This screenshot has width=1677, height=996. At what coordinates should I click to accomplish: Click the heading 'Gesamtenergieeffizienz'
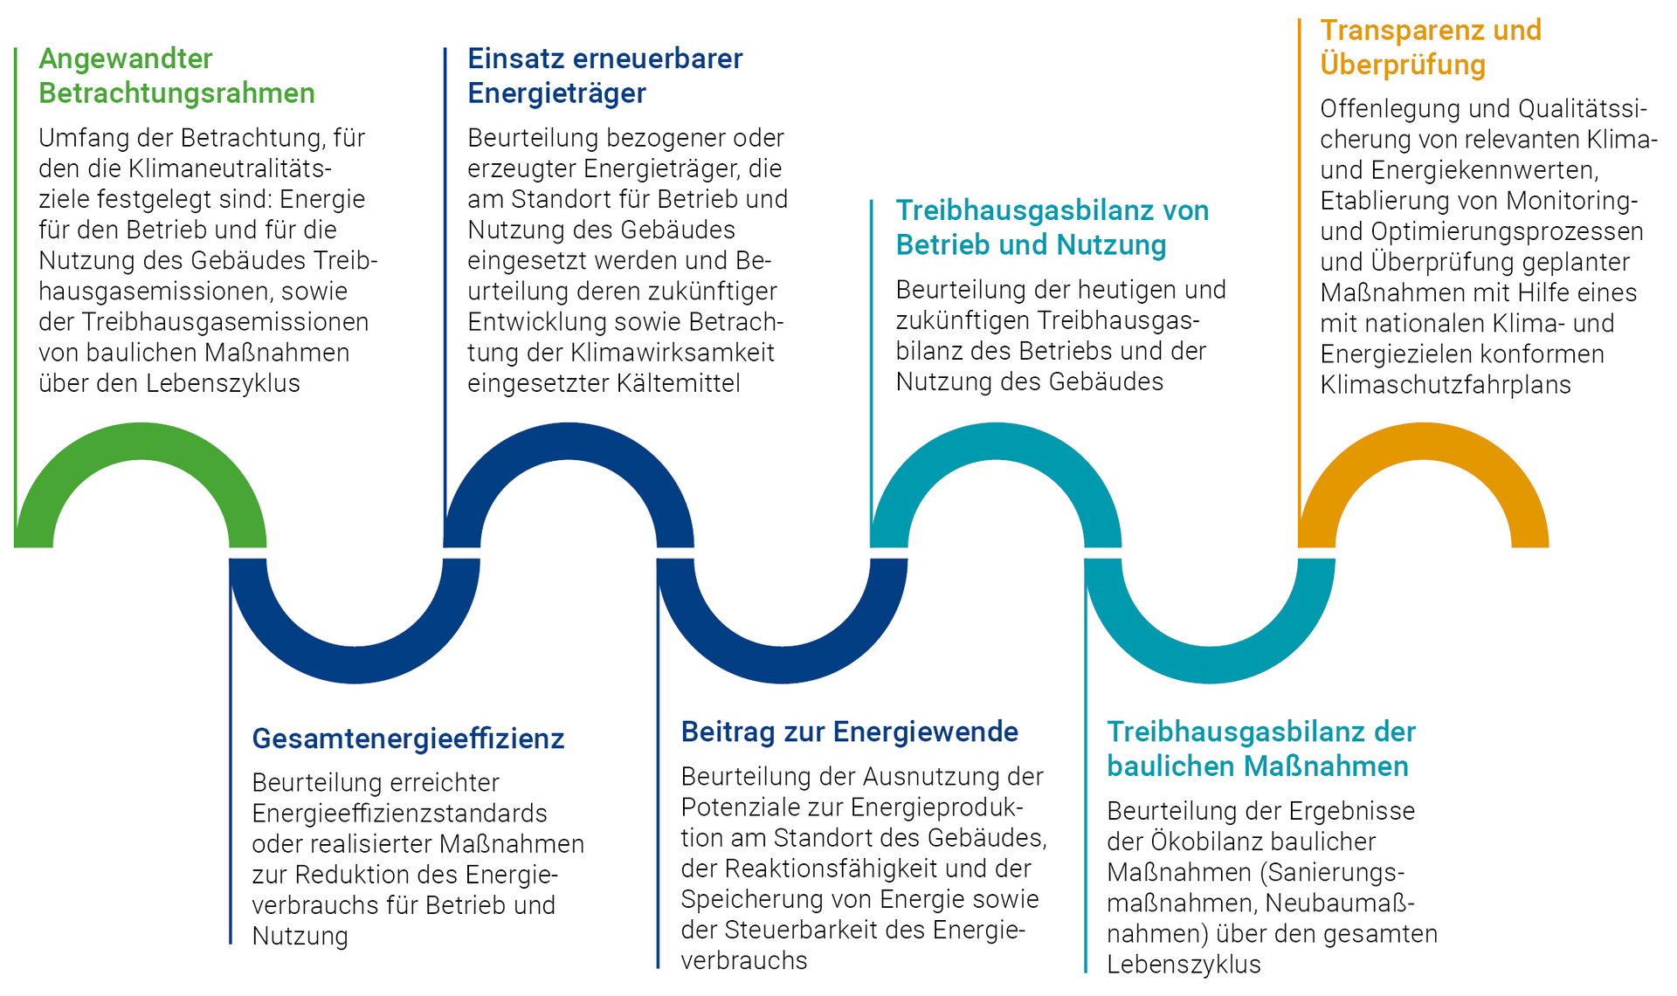[x=408, y=739]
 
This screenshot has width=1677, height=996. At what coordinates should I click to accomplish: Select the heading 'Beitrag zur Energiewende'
[x=850, y=732]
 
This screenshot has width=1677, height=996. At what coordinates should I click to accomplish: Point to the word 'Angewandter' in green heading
[x=126, y=58]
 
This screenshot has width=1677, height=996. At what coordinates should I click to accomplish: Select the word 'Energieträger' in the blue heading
[x=557, y=93]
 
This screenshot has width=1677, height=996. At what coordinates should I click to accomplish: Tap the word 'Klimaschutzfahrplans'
[x=1446, y=385]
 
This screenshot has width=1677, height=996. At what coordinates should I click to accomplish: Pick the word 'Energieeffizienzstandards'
[x=400, y=814]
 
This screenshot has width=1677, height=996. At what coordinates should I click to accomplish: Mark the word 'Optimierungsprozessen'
[x=1508, y=232]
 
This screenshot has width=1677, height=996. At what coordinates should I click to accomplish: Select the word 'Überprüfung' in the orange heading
[x=1403, y=65]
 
